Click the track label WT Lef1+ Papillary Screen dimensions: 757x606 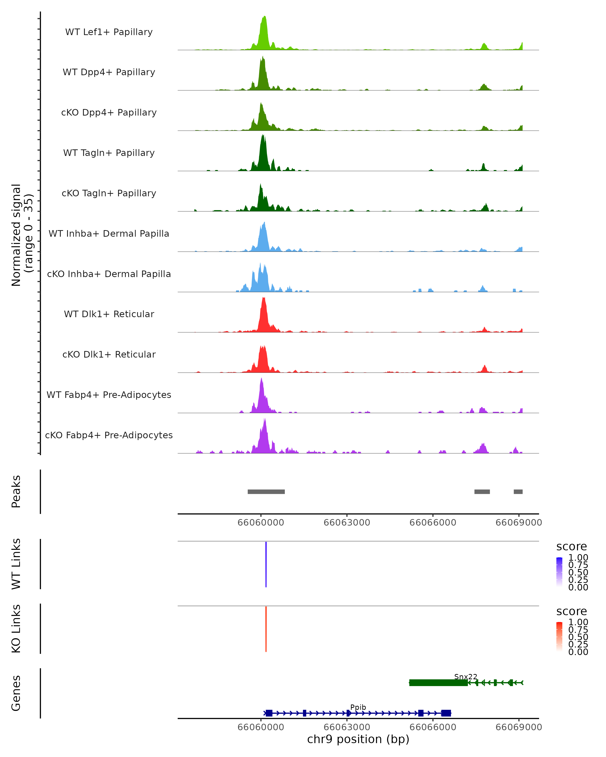(x=109, y=32)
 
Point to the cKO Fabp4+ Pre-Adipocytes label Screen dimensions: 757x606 (x=109, y=435)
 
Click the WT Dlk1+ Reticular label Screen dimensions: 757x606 (x=109, y=314)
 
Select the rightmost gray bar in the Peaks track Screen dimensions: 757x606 (x=518, y=492)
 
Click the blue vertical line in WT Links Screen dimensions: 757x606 (x=266, y=564)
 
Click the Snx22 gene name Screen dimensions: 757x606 (x=465, y=677)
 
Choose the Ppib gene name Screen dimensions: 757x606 (x=358, y=707)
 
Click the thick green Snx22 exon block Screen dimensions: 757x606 (x=438, y=683)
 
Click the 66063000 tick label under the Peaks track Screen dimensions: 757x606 (x=347, y=523)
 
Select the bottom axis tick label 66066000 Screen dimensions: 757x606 (x=433, y=727)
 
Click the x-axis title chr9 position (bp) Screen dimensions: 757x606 (x=358, y=739)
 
